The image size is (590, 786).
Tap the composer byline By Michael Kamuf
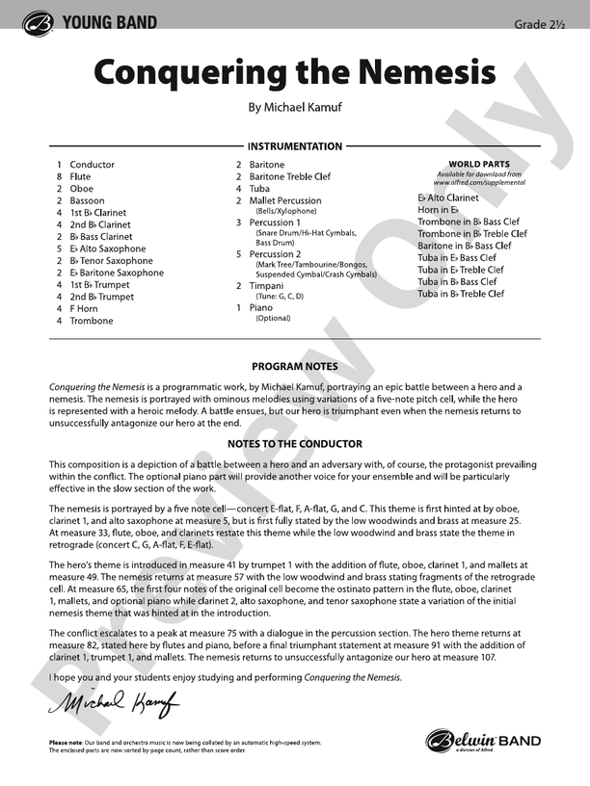(294, 110)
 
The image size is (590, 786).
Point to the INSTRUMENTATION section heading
(295, 146)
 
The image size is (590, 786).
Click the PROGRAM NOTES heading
(295, 367)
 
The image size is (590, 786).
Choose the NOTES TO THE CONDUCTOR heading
(295, 444)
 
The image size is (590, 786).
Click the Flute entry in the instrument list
(80, 177)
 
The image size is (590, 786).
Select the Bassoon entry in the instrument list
(87, 201)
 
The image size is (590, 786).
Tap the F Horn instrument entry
(85, 309)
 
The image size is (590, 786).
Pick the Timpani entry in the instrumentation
(266, 285)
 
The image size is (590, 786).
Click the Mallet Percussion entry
(285, 201)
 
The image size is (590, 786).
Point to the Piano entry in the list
(260, 307)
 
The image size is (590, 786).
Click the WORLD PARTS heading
(479, 165)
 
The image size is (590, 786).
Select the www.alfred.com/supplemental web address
(479, 182)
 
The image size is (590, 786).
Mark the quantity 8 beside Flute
(60, 177)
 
